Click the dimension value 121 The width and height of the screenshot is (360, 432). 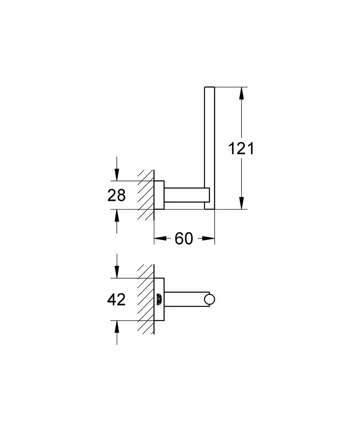pyautogui.click(x=242, y=149)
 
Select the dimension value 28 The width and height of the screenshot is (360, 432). pyautogui.click(x=116, y=195)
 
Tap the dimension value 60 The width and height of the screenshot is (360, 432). pyautogui.click(x=184, y=238)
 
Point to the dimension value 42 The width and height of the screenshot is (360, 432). pyautogui.click(x=116, y=299)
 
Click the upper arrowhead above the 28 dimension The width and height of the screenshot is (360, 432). pyautogui.click(x=116, y=175)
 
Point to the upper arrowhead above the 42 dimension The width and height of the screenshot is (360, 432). pyautogui.click(x=116, y=272)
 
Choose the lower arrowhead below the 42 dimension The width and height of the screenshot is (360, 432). pyautogui.click(x=116, y=326)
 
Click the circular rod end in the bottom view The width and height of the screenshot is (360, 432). pyautogui.click(x=210, y=299)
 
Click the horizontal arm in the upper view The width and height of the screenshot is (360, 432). pyautogui.click(x=184, y=195)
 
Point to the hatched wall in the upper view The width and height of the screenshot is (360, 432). pyautogui.click(x=146, y=194)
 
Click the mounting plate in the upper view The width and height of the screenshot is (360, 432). pyautogui.click(x=159, y=195)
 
